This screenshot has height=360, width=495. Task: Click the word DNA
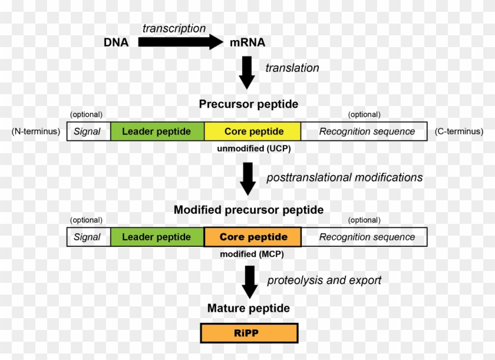pyautogui.click(x=116, y=42)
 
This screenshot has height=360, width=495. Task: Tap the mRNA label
pyautogui.click(x=247, y=42)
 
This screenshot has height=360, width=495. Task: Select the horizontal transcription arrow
pyautogui.click(x=180, y=42)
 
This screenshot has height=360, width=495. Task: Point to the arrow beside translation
pyautogui.click(x=247, y=72)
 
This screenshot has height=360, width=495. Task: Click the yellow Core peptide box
pyautogui.click(x=253, y=131)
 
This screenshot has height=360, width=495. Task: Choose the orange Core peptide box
pyautogui.click(x=253, y=237)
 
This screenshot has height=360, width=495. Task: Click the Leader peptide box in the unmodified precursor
pyautogui.click(x=157, y=131)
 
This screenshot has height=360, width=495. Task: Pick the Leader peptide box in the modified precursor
pyautogui.click(x=157, y=237)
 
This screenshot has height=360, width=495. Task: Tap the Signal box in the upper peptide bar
pyautogui.click(x=89, y=131)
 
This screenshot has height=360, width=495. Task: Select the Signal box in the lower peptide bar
pyautogui.click(x=89, y=237)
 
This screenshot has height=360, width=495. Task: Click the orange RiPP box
pyautogui.click(x=249, y=333)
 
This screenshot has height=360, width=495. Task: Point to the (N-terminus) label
pyautogui.click(x=36, y=131)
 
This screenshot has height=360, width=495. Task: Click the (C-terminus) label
pyautogui.click(x=459, y=131)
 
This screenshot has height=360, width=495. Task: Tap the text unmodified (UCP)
pyautogui.click(x=254, y=148)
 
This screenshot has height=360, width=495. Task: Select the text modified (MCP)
pyautogui.click(x=252, y=254)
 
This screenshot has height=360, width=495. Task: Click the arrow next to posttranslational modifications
pyautogui.click(x=248, y=179)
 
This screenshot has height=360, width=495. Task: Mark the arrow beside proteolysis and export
pyautogui.click(x=250, y=282)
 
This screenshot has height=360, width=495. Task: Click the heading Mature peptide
pyautogui.click(x=249, y=308)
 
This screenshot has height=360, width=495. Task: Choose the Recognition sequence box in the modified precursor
pyautogui.click(x=364, y=237)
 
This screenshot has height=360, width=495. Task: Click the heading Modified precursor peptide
pyautogui.click(x=249, y=210)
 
